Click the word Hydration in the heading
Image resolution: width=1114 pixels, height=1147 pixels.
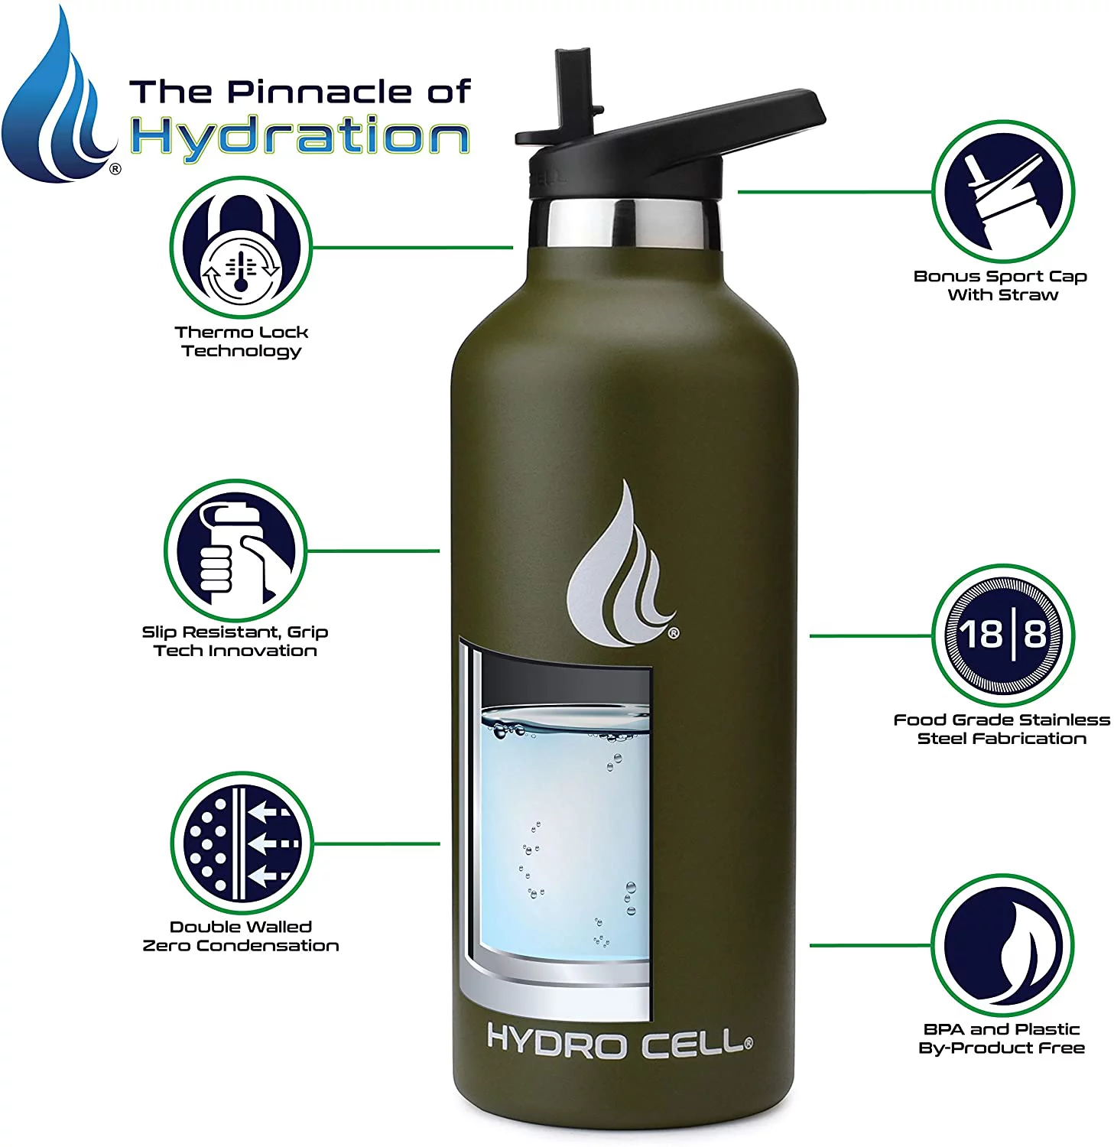(300, 138)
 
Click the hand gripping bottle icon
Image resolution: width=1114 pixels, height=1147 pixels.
(235, 551)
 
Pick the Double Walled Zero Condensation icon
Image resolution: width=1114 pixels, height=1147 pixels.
(241, 843)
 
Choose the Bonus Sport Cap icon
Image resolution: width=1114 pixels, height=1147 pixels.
(1002, 191)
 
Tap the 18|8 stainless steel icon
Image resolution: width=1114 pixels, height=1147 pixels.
(1002, 635)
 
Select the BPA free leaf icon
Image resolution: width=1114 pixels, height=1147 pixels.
(1002, 945)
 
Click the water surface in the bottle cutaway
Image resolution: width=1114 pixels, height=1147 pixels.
(566, 723)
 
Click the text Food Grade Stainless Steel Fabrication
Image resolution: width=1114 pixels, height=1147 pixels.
(1002, 729)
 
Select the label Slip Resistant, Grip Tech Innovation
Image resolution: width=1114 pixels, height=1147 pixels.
(235, 642)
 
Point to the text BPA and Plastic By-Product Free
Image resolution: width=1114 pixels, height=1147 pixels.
(1002, 1038)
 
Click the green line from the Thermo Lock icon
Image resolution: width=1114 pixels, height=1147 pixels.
(413, 248)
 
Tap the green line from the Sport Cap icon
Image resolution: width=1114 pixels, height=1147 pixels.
(833, 192)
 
